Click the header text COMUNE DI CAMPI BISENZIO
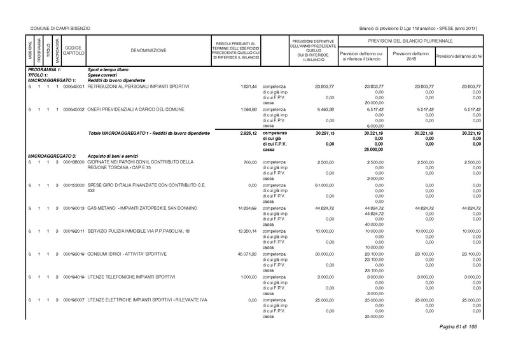coord(57,29)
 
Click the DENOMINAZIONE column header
coord(150,50)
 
